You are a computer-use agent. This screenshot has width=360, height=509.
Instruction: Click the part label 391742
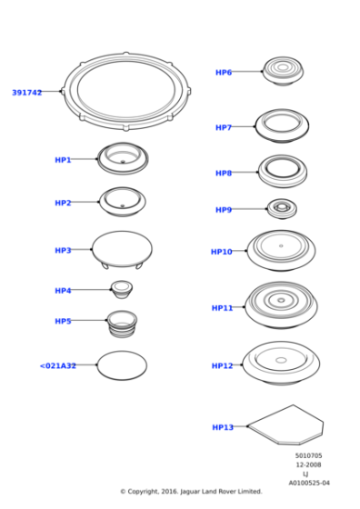click(26, 93)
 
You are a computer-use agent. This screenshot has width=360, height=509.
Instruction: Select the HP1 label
click(63, 160)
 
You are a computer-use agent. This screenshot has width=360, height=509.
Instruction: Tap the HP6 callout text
click(223, 73)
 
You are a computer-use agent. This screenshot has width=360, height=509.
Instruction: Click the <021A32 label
click(58, 366)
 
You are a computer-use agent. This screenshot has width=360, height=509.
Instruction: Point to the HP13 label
click(223, 427)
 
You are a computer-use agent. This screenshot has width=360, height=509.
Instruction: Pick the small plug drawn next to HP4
click(121, 289)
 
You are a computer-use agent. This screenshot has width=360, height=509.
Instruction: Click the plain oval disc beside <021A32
click(122, 365)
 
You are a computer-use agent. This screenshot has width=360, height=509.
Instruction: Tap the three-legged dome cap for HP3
click(123, 249)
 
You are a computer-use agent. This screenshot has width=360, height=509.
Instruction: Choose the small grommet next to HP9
click(282, 209)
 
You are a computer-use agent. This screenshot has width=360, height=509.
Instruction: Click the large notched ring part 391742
click(126, 91)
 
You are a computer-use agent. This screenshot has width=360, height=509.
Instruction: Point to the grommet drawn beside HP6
click(283, 70)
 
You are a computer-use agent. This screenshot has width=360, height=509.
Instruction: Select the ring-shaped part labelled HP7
click(282, 125)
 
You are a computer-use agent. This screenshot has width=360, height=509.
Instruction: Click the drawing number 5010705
click(308, 455)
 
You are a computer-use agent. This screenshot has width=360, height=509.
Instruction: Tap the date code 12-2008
click(308, 464)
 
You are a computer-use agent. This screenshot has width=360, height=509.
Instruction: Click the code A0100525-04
click(309, 483)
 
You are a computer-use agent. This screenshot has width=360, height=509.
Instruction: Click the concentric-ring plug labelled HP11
click(281, 304)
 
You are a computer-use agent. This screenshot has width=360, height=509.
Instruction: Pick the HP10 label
click(222, 252)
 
